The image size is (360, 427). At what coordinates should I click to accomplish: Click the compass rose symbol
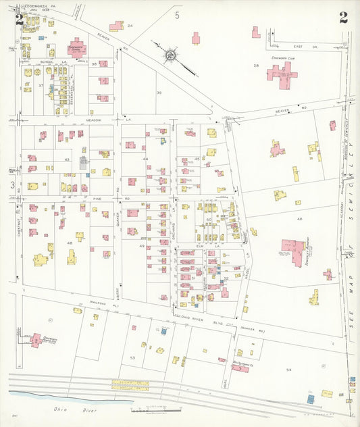click(170, 53)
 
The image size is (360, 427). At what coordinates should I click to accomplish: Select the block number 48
click(69, 243)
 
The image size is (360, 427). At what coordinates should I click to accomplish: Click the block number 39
click(159, 93)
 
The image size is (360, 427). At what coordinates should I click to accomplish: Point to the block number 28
click(256, 65)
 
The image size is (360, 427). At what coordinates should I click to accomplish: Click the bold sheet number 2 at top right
click(343, 18)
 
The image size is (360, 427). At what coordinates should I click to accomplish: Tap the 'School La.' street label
click(47, 62)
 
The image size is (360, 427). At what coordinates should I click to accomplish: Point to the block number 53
click(132, 357)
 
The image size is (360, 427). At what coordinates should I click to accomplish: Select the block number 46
click(299, 219)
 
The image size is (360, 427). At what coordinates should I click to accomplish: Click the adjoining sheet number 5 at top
click(178, 14)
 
